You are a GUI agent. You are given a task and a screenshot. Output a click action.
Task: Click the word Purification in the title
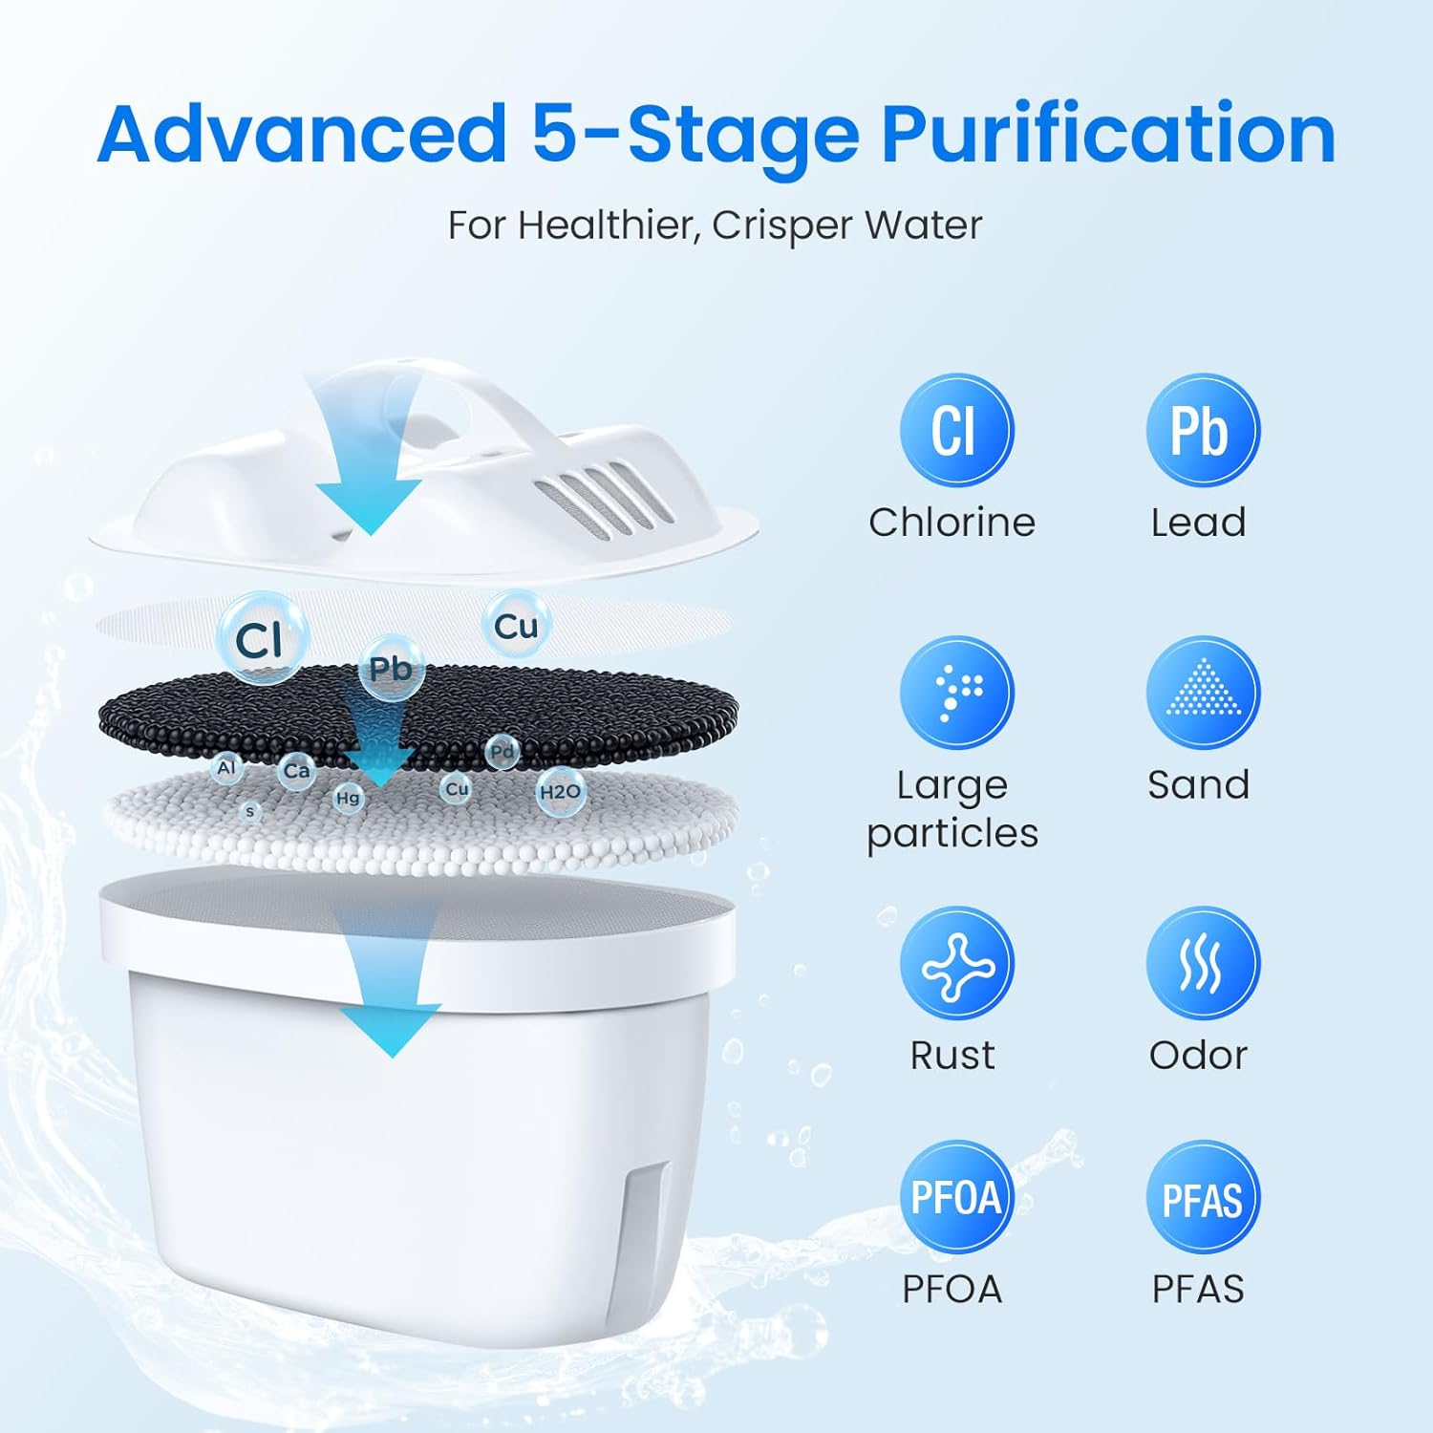tap(1108, 136)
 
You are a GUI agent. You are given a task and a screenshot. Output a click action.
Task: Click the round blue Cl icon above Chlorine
tap(955, 431)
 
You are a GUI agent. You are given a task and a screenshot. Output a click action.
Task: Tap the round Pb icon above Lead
tap(1202, 431)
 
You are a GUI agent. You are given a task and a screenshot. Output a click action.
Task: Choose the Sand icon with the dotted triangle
tap(1202, 693)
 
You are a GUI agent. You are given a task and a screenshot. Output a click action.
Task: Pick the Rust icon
tap(955, 964)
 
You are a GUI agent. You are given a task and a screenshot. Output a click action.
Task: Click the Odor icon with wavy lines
tap(1202, 964)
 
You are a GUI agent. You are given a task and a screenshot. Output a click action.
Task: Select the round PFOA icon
tap(955, 1197)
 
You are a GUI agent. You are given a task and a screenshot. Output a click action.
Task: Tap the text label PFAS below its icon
tap(1198, 1290)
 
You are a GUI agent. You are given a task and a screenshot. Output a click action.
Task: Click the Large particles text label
tap(952, 809)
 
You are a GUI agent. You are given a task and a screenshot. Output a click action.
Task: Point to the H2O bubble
tap(560, 792)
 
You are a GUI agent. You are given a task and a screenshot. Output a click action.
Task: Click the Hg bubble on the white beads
tap(348, 798)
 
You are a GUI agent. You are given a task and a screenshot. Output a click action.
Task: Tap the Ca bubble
tap(296, 771)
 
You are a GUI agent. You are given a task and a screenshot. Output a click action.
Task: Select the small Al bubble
tap(226, 768)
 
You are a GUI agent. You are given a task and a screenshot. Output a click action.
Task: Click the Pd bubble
tap(502, 752)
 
